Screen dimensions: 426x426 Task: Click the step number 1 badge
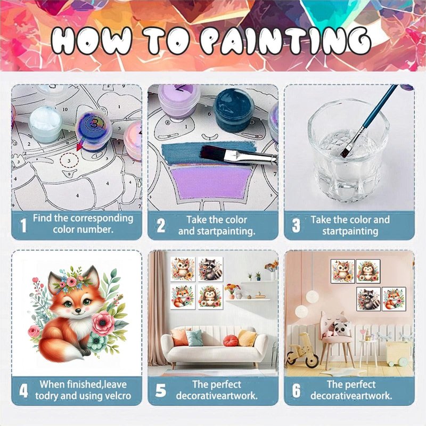tap(23, 225)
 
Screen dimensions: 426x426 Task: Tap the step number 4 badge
tap(23, 391)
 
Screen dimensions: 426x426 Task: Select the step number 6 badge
tap(297, 391)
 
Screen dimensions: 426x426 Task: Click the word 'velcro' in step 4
tap(117, 396)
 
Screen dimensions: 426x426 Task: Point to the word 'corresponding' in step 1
tap(102, 218)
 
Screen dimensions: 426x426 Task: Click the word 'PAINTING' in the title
tap(286, 41)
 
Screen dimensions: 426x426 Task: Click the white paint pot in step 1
tap(45, 124)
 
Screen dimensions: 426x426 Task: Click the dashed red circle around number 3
tap(69, 161)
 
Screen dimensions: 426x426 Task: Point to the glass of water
tap(348, 150)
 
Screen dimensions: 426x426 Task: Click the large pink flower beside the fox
tap(103, 323)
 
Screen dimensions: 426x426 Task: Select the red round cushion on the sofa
tap(231, 340)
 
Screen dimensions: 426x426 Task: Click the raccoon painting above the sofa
tap(210, 269)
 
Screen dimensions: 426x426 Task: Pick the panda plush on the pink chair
tap(341, 328)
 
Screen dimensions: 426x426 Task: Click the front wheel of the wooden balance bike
tap(312, 361)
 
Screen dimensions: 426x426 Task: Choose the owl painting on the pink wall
tap(342, 271)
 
